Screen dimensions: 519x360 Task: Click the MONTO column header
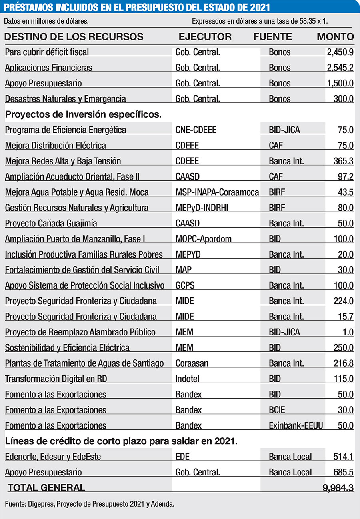(335, 37)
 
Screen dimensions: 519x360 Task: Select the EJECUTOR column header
(205, 37)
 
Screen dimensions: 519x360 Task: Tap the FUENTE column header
(272, 37)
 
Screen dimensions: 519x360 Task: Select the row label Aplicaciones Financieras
(48, 68)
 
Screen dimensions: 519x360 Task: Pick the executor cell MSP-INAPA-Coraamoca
(217, 192)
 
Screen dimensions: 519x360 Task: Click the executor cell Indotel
(187, 379)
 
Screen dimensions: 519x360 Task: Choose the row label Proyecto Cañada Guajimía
(51, 223)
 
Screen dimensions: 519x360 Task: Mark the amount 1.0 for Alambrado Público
(348, 332)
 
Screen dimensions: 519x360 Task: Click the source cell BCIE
(278, 410)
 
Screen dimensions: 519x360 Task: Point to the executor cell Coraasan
(192, 363)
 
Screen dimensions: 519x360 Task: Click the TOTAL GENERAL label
(46, 487)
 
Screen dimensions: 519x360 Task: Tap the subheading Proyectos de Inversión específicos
(83, 114)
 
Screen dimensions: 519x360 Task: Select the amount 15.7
(346, 317)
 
